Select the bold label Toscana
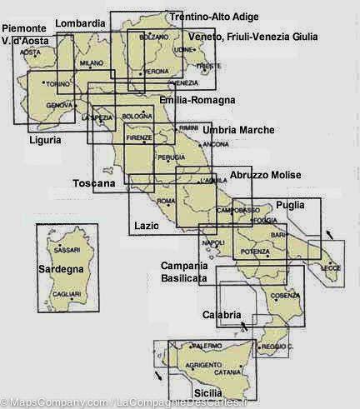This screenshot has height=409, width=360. pos(93,183)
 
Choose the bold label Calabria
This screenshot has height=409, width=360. pos(222,314)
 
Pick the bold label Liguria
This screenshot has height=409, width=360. pos(44,140)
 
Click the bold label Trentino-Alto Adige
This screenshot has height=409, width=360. pos(213,17)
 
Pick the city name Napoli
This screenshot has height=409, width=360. pos(213,242)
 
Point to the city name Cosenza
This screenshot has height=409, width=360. pos(284,296)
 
